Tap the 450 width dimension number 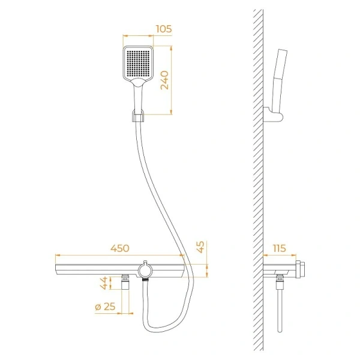120,248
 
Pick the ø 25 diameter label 105,307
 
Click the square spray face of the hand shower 139,62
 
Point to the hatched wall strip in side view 258,180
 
